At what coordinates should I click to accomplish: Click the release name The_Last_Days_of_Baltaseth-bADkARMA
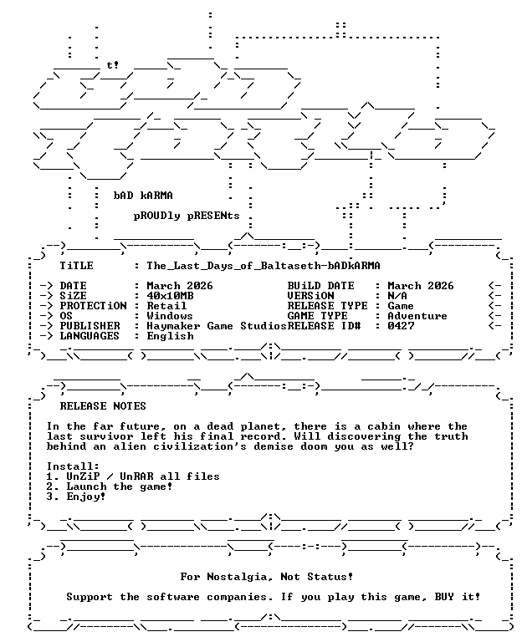tap(264, 266)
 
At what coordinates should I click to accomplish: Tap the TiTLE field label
tap(77, 266)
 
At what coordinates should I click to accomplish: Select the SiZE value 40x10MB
tap(170, 296)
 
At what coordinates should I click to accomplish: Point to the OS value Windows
tap(170, 316)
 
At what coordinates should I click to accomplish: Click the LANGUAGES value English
tap(170, 336)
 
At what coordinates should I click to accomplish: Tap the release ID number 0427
tap(401, 326)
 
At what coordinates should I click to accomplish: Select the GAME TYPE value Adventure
tap(417, 316)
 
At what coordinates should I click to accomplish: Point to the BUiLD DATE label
tap(320, 286)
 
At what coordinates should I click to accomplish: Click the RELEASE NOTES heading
tap(103, 406)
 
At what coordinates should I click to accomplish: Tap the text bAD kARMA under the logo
tap(143, 196)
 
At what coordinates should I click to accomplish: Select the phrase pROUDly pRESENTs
tap(187, 216)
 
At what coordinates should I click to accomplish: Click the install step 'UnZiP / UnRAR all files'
tap(143, 476)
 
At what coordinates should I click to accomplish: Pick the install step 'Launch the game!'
tap(120, 487)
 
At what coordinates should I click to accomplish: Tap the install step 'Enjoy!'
tap(86, 497)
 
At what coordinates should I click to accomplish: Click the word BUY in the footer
tap(444, 597)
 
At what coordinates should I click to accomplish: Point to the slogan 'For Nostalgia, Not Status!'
tap(267, 577)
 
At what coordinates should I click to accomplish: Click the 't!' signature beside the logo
tap(113, 65)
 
